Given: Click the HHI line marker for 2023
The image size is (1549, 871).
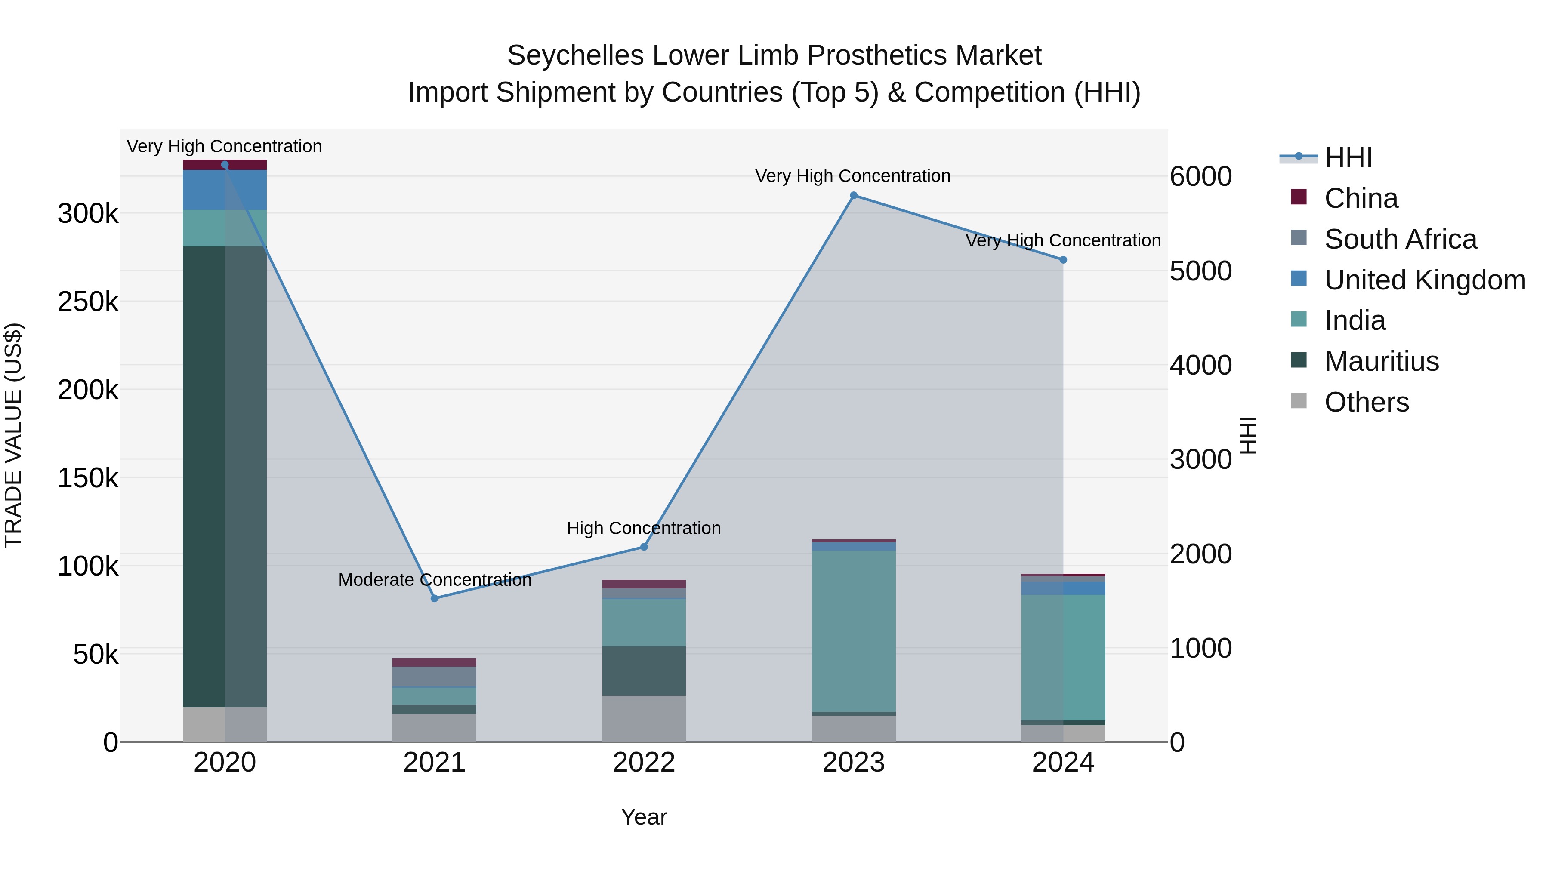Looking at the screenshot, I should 853,195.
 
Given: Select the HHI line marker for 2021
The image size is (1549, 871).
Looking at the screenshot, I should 434,598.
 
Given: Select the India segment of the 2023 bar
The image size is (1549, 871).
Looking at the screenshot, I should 853,631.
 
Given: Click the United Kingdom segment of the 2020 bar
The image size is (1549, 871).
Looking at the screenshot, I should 224,190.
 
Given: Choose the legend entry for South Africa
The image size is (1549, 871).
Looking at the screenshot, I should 1400,239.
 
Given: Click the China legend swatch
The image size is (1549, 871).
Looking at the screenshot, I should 1299,197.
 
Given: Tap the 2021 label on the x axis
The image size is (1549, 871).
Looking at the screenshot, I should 434,763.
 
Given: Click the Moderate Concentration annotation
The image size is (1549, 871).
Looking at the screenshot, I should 434,580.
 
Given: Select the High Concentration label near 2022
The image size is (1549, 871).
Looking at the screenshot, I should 643,528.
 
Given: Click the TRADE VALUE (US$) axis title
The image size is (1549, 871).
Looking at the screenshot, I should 13,435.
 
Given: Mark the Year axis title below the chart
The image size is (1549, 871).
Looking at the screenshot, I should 643,817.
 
